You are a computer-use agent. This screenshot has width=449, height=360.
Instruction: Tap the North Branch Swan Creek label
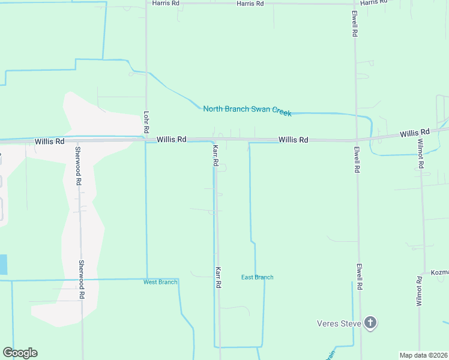click(x=247, y=110)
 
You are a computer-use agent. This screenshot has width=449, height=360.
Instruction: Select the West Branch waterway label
click(x=160, y=282)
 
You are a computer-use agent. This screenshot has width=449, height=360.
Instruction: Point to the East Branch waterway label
click(x=257, y=277)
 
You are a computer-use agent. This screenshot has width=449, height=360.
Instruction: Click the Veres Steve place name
click(x=339, y=324)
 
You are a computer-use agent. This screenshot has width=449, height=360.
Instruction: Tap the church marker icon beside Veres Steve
click(x=370, y=323)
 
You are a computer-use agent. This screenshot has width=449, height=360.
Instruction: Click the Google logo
click(x=20, y=353)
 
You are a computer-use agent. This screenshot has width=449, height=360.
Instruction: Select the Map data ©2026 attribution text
click(x=424, y=355)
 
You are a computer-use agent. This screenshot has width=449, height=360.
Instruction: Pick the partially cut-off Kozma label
click(x=439, y=272)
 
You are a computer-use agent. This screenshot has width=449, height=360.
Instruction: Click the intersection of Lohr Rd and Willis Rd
click(x=146, y=140)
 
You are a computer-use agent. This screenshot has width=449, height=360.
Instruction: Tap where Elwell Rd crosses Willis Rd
click(x=356, y=140)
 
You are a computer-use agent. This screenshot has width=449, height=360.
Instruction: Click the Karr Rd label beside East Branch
click(x=218, y=278)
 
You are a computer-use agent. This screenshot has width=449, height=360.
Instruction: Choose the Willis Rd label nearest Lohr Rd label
click(x=172, y=139)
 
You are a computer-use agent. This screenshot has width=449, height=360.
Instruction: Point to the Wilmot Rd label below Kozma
click(x=420, y=292)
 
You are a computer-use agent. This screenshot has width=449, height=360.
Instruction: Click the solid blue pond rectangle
click(x=4, y=265)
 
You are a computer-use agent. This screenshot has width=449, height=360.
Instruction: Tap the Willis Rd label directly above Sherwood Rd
click(x=49, y=142)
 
